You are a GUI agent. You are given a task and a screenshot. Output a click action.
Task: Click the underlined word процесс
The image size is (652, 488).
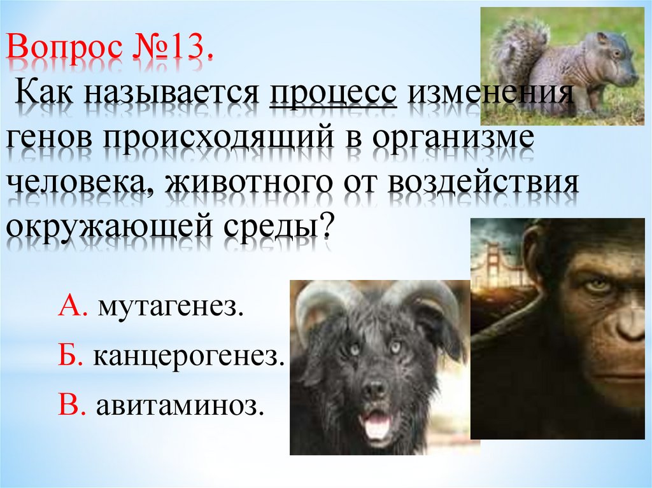click(x=333, y=96)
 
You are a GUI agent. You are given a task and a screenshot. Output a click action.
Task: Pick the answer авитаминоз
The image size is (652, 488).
click(x=180, y=405)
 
